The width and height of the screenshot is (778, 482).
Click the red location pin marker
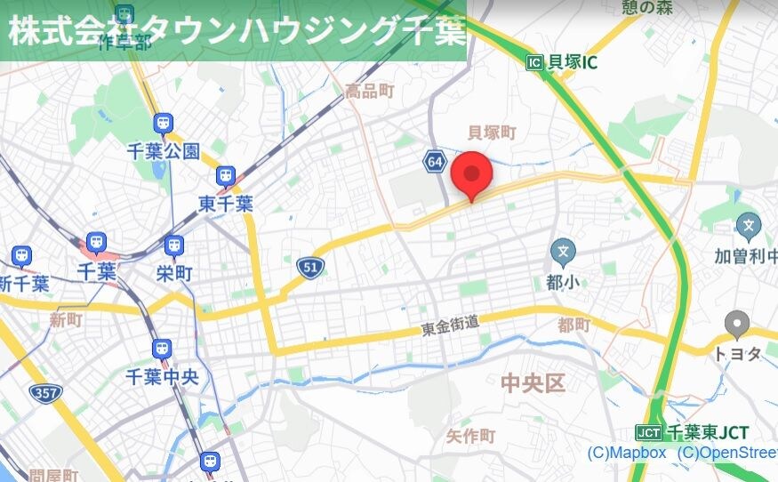pyautogui.click(x=472, y=174)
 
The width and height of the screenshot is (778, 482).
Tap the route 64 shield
pyautogui.click(x=434, y=162)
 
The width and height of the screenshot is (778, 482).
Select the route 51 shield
pyautogui.click(x=310, y=266)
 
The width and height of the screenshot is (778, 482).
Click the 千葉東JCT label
pyautogui.click(x=693, y=433)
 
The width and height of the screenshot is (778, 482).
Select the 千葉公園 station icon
pyautogui.click(x=163, y=124)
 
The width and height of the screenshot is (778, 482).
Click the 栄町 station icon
pyautogui.click(x=174, y=245)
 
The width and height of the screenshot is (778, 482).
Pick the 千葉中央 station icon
pyautogui.click(x=162, y=349)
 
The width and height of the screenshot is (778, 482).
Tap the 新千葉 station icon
pyautogui.click(x=21, y=257)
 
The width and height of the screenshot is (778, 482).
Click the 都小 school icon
pyautogui.click(x=562, y=253)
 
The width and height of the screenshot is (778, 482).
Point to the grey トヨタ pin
pyautogui.click(x=737, y=325)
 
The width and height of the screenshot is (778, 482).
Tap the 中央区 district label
pyautogui.click(x=533, y=383)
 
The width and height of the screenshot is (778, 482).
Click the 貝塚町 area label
pyautogui.click(x=492, y=133)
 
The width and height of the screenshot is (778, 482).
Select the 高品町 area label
pyautogui.click(x=369, y=91)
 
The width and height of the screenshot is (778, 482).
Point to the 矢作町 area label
pyautogui.click(x=470, y=436)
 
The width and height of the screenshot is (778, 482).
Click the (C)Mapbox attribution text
pyautogui.click(x=626, y=453)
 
